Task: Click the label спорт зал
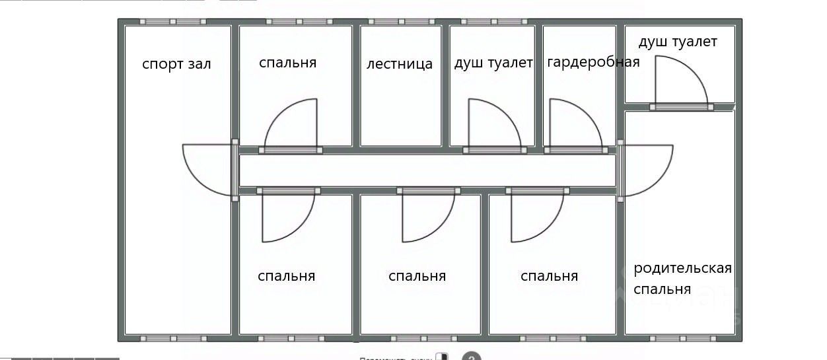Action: click(176, 65)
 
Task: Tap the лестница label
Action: click(400, 64)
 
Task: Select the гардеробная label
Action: click(593, 62)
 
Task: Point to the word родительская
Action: click(682, 268)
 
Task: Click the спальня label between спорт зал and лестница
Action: click(287, 63)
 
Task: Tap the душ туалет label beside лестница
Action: click(493, 63)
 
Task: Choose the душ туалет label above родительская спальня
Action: click(677, 42)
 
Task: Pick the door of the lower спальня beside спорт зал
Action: click(288, 217)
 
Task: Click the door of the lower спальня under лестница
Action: click(428, 217)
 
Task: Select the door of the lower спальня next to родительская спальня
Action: click(537, 217)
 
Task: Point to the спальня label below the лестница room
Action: click(417, 276)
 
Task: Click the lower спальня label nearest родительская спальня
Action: click(549, 276)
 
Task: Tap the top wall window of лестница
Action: click(400, 22)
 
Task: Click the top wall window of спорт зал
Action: click(172, 22)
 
